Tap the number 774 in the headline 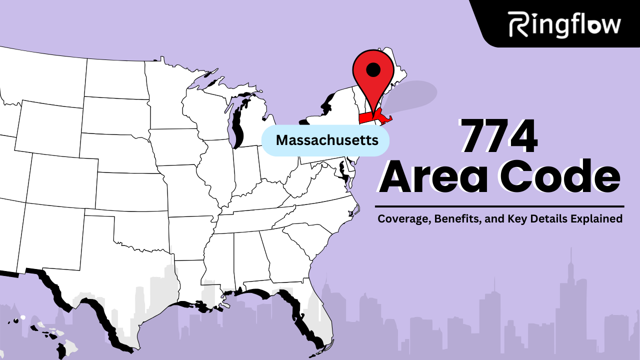[498, 136]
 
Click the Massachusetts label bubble [326, 140]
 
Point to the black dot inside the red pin [373, 69]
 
